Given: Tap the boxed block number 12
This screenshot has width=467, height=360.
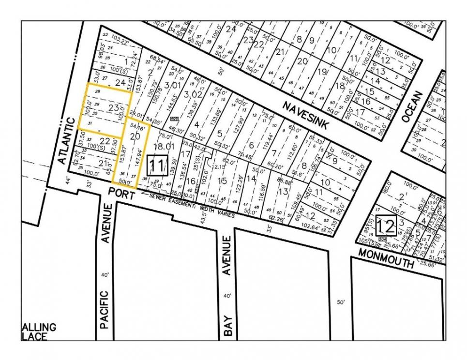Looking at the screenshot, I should pyautogui.click(x=387, y=226).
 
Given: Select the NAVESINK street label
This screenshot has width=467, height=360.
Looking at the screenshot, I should pyautogui.click(x=306, y=116).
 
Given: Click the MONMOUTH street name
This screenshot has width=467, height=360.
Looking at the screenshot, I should pyautogui.click(x=387, y=257).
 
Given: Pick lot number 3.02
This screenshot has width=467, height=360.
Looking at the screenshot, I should pyautogui.click(x=193, y=94).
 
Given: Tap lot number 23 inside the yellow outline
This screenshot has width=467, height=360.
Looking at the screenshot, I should pyautogui.click(x=114, y=107).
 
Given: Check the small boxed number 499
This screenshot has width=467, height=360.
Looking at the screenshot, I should pyautogui.click(x=174, y=119).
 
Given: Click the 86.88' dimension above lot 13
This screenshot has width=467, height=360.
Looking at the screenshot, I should pyautogui.click(x=285, y=181).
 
